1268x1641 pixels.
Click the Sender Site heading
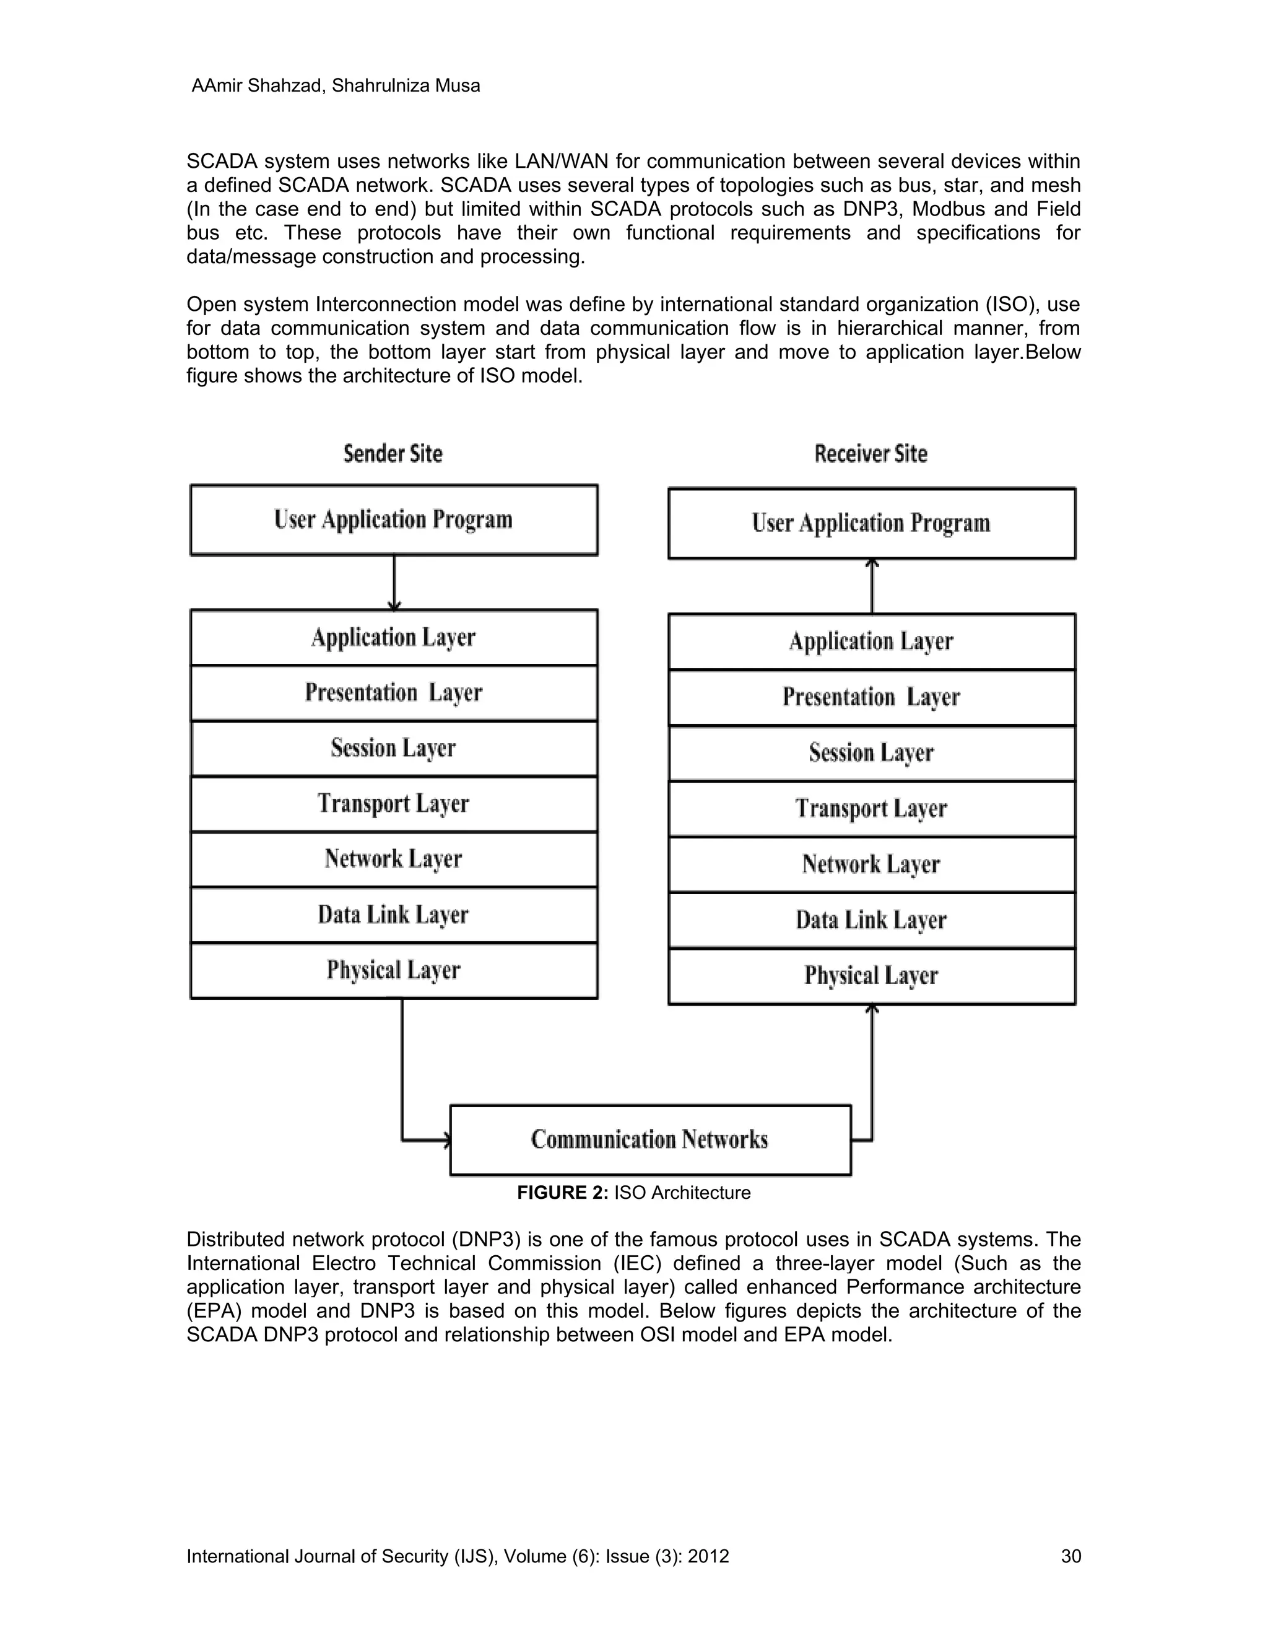[393, 454]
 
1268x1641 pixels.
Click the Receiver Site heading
[871, 454]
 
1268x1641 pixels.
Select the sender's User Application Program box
[394, 520]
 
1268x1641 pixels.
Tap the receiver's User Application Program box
[871, 524]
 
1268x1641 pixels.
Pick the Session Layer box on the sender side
[394, 749]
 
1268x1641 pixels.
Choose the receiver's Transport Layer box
[871, 809]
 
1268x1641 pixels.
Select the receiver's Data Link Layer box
[871, 920]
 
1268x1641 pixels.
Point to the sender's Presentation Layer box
[394, 693]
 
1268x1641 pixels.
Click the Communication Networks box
[649, 1140]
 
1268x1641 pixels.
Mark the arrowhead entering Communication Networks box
[446, 1141]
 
